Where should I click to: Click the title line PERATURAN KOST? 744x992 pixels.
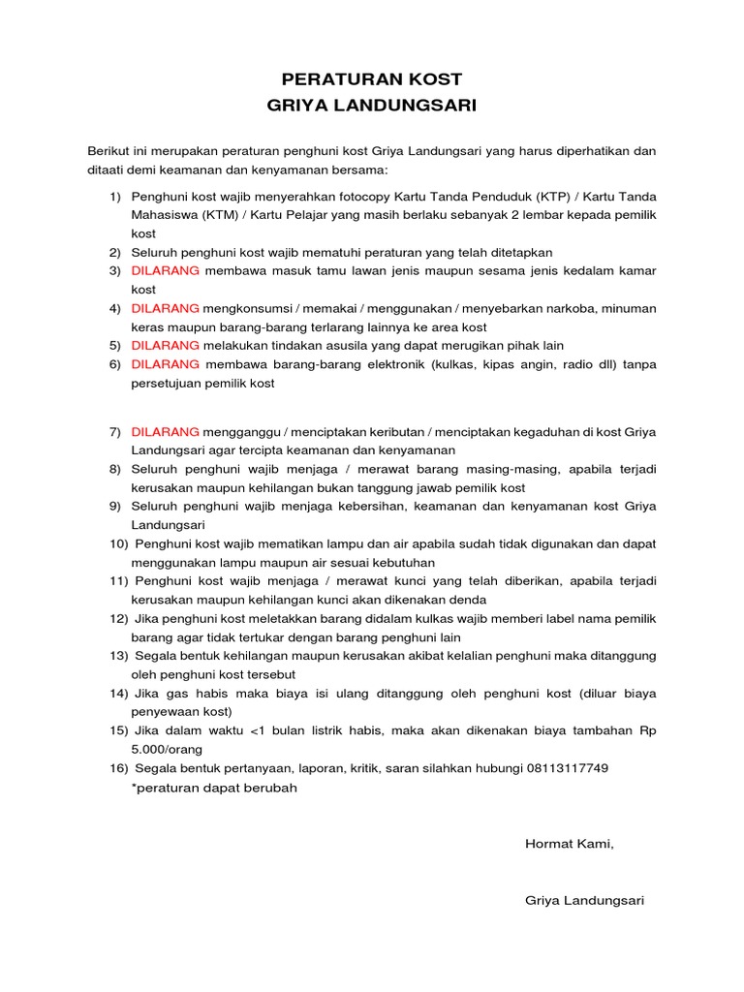point(372,79)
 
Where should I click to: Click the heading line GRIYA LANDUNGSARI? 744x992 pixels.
point(372,105)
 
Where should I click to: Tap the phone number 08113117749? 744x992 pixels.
point(568,768)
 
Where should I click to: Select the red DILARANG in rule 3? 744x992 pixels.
point(166,271)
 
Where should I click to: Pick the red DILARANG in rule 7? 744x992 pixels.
point(166,431)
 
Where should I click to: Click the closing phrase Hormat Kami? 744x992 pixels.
point(570,844)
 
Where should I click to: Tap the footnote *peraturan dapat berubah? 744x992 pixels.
point(214,788)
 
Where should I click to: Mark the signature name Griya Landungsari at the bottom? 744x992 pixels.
point(584,900)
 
